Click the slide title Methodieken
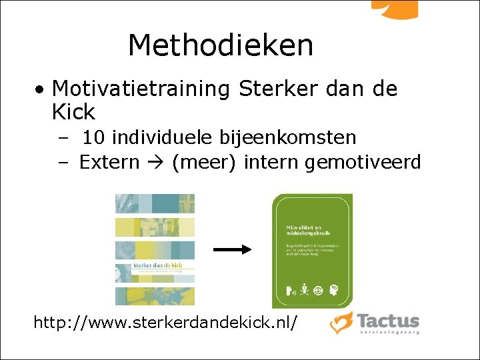coord(220,45)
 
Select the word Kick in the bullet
coord(73,111)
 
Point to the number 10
coord(94,138)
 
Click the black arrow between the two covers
coord(232,249)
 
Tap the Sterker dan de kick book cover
coord(155,249)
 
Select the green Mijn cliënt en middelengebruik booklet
coord(312,251)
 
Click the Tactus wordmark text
coord(387,320)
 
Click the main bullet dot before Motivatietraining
coord(41,89)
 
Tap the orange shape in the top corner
coord(395,8)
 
